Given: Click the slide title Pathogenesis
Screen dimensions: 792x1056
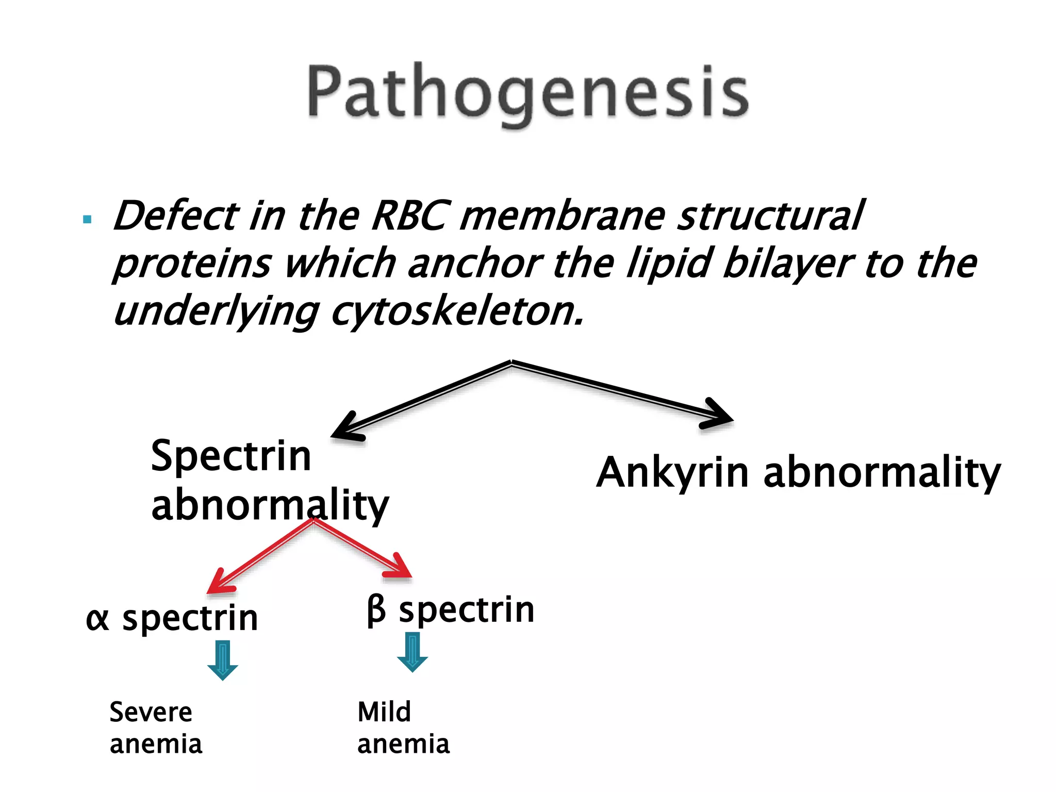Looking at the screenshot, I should [527, 93].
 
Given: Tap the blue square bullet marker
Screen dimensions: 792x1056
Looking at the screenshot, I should [87, 220].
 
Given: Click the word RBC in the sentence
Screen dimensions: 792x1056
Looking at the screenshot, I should [408, 216].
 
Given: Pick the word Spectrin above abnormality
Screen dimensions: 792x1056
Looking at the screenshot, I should [230, 456].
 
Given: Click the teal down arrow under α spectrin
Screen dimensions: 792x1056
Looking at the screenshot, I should [222, 661].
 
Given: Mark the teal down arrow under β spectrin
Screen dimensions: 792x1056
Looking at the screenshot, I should [412, 652].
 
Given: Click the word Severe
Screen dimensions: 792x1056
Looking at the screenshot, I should [151, 713].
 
